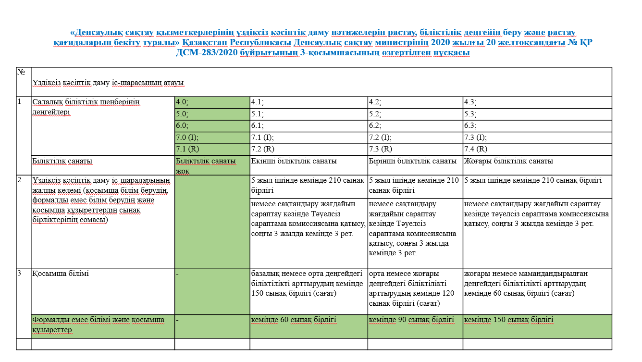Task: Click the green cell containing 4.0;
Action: tap(211, 102)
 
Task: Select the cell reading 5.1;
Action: tap(308, 114)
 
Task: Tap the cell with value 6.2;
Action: tap(415, 126)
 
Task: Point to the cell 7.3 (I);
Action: tap(537, 138)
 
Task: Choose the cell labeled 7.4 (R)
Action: tap(537, 150)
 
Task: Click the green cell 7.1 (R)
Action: tap(211, 150)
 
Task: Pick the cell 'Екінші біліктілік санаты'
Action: tap(308, 162)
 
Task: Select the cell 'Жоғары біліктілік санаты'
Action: tap(537, 162)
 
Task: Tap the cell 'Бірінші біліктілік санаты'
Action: tap(415, 162)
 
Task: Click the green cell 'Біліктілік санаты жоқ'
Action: tap(211, 165)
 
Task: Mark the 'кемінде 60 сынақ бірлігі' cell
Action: tap(308, 320)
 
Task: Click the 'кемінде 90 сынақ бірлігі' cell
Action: tap(415, 320)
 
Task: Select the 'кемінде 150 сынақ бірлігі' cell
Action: tap(537, 320)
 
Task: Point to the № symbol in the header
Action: tap(21, 72)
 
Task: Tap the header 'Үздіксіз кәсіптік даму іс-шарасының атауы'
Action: tap(108, 83)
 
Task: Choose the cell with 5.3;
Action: tap(537, 114)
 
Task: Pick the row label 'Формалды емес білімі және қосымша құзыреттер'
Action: tap(99, 325)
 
